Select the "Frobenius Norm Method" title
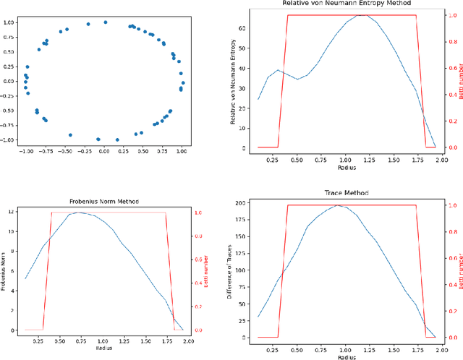point(104,201)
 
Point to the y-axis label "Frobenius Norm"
point(6,270)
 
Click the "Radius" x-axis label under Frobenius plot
point(103,347)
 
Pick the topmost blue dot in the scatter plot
point(106,22)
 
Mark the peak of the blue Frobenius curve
point(77,213)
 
